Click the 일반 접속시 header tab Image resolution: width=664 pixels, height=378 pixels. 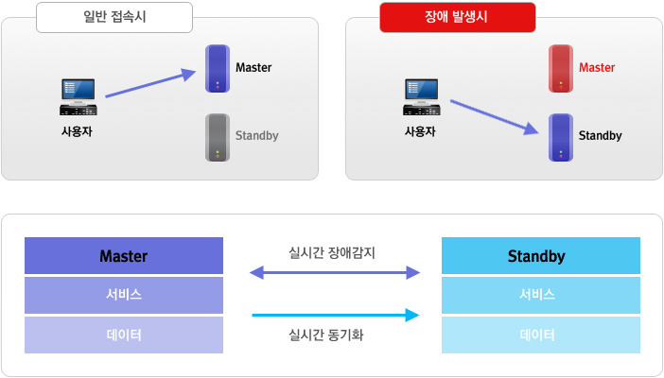(114, 17)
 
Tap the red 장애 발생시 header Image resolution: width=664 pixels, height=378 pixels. (458, 17)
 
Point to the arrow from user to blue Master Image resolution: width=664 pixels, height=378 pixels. (151, 82)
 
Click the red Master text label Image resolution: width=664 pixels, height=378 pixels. (597, 68)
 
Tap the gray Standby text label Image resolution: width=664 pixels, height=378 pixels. (256, 136)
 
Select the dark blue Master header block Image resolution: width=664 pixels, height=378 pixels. (124, 256)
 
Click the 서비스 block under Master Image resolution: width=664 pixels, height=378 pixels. (124, 295)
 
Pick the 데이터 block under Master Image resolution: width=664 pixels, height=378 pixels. (124, 335)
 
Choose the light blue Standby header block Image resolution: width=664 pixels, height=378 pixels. (536, 256)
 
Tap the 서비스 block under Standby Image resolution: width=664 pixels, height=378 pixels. (536, 295)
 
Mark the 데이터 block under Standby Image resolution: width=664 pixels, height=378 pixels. (536, 335)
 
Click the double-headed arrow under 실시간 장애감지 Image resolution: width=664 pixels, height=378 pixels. (333, 273)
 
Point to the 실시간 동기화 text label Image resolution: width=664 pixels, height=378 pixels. (333, 334)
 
